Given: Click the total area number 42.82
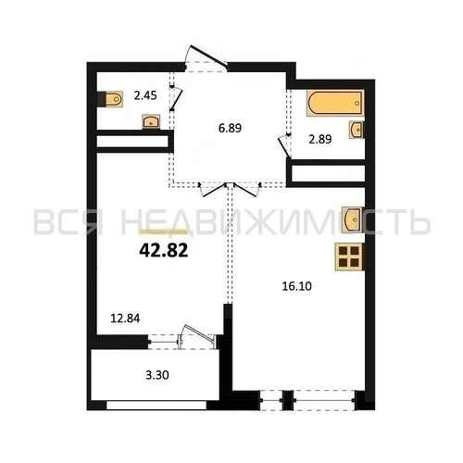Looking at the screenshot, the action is click(164, 250).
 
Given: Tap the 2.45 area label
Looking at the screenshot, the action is click(145, 95).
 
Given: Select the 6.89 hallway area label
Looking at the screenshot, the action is click(230, 128).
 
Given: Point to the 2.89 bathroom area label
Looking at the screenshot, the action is click(320, 139).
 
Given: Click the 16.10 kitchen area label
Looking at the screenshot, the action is click(297, 286).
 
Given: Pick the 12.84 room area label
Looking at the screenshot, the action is click(125, 318).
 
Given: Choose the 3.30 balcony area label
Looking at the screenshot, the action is click(157, 375).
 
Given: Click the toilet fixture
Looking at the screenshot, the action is click(111, 99).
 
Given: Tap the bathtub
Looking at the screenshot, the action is click(335, 103).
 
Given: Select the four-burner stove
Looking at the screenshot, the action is click(349, 257).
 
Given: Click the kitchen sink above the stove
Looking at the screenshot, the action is click(353, 219).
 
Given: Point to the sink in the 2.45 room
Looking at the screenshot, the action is click(151, 121).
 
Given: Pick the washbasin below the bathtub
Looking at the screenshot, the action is click(357, 130).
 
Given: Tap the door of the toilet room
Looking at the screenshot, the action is click(177, 98).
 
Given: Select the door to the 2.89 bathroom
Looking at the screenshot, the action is click(284, 145).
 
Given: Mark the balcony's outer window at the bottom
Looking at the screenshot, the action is click(156, 405).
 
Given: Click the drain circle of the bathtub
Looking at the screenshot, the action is click(357, 103).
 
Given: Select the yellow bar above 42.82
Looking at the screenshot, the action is click(164, 231).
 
